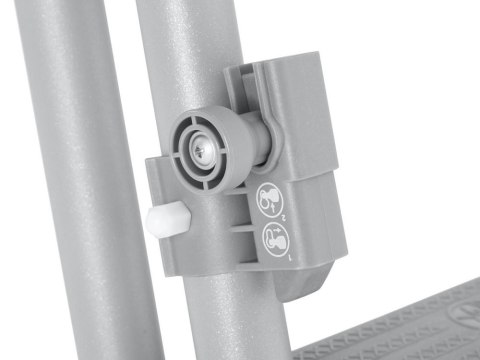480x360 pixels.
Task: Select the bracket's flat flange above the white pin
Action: click(160, 180)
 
